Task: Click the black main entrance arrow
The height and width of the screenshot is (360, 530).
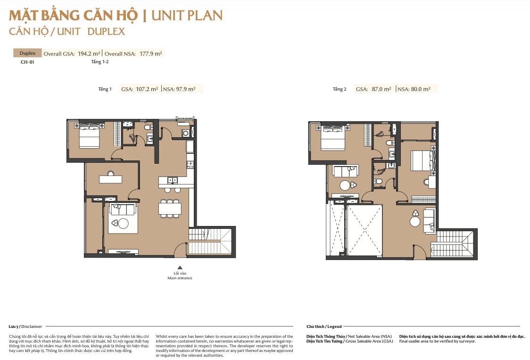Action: (180, 268)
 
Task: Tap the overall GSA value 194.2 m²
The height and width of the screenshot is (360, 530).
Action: (89, 53)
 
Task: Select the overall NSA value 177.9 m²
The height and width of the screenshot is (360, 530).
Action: (151, 53)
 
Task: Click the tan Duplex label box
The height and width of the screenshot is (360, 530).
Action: (27, 53)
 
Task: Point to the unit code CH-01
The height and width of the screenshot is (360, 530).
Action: (27, 62)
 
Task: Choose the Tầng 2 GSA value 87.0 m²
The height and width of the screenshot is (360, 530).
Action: (381, 89)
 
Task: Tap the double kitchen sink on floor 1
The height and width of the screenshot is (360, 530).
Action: (173, 181)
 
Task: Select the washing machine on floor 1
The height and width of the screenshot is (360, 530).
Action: (185, 134)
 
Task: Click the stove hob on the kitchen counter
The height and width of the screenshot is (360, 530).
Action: (190, 165)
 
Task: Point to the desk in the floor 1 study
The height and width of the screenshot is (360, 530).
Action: (110, 179)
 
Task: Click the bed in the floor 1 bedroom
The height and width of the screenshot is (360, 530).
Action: (89, 135)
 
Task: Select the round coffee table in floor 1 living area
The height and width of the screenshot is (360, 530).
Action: (123, 224)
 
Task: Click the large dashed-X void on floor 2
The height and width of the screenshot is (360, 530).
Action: (364, 230)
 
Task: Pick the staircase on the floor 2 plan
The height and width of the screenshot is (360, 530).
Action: (453, 244)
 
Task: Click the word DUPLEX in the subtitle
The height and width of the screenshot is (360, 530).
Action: (106, 32)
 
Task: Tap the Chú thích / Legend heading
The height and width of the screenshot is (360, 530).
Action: (324, 327)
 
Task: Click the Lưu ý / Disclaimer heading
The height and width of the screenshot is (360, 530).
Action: (25, 327)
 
